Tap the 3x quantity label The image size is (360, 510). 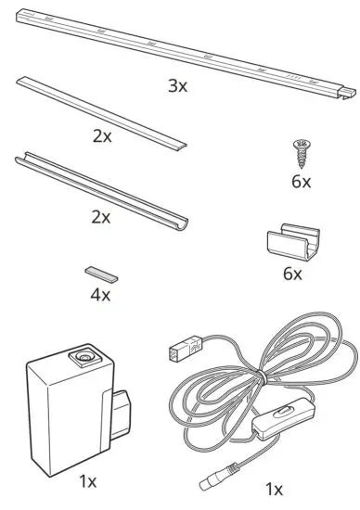point(178,85)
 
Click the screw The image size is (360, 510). point(300,148)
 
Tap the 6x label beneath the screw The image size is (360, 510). point(301,182)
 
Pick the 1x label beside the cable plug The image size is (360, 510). point(274,490)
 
